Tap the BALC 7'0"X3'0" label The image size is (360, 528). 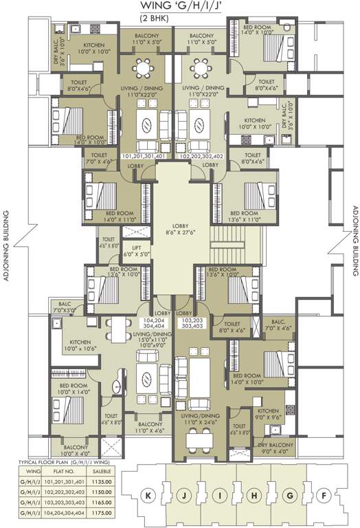65,307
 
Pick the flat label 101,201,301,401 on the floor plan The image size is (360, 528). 143,156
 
